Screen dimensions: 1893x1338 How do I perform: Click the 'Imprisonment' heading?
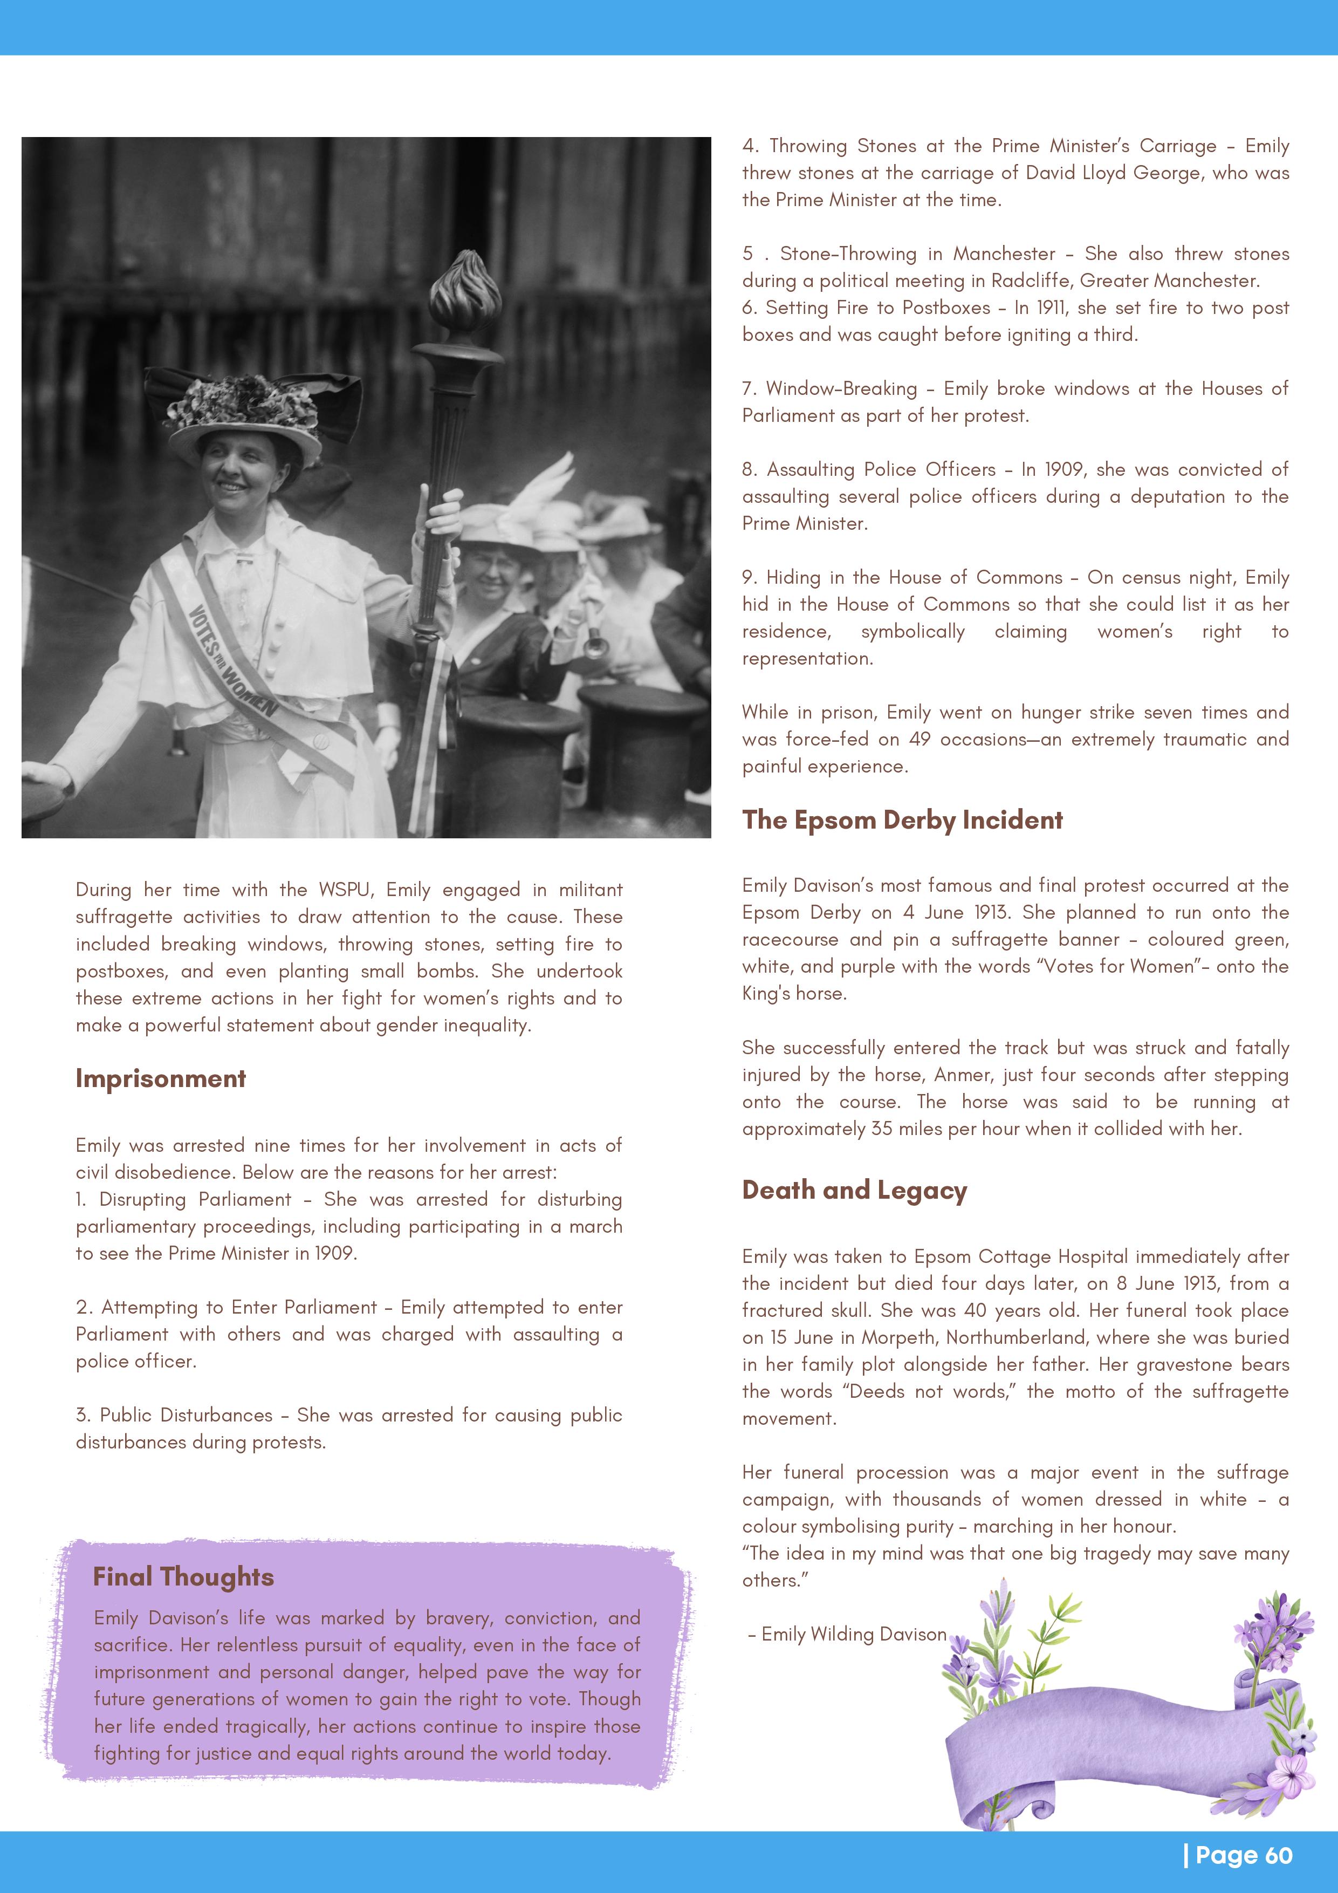pos(161,1079)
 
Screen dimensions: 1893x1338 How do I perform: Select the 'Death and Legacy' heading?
pos(854,1191)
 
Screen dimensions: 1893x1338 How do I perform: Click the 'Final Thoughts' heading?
pos(183,1577)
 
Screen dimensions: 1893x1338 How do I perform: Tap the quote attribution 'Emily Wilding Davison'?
pos(854,1634)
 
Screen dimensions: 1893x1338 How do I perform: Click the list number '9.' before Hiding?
pos(750,578)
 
